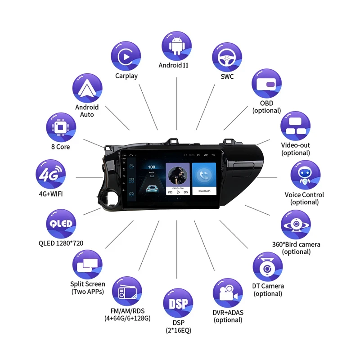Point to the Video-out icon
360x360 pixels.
coord(296,126)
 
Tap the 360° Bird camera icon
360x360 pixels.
coord(296,224)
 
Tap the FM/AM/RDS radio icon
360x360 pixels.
coord(126,292)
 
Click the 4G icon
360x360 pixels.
coord(50,174)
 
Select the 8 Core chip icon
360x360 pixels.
coord(60,127)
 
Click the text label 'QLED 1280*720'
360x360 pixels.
coord(61,243)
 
